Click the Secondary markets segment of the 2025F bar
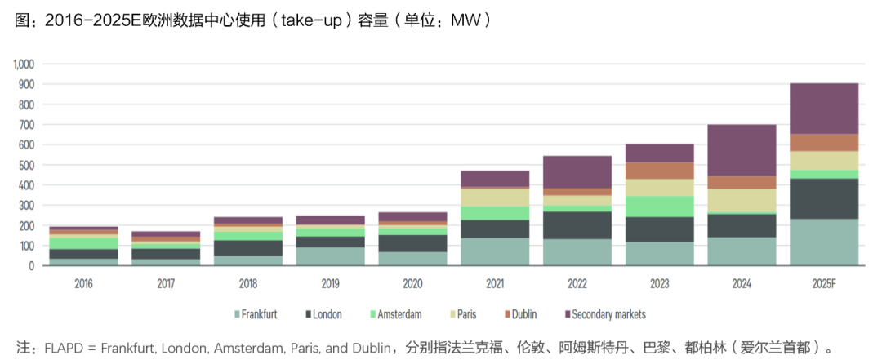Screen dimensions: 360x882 pyautogui.click(x=823, y=108)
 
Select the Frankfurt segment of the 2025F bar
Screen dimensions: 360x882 pyautogui.click(x=823, y=242)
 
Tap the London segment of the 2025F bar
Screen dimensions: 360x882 pyautogui.click(x=823, y=198)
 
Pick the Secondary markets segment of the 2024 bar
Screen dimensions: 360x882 pyautogui.click(x=742, y=150)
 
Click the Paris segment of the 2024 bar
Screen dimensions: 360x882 pyautogui.click(x=742, y=200)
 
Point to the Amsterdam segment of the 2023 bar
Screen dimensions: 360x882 pyautogui.click(x=659, y=206)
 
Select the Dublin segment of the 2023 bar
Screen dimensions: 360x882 pyautogui.click(x=659, y=171)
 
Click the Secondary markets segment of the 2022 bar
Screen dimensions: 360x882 pyautogui.click(x=577, y=172)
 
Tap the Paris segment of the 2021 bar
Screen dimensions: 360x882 pyautogui.click(x=495, y=198)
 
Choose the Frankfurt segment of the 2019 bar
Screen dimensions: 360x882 pyautogui.click(x=330, y=256)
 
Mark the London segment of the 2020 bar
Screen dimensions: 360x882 pyautogui.click(x=412, y=243)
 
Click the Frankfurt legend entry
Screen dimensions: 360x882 pyautogui.click(x=256, y=314)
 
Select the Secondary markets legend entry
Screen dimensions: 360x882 pyautogui.click(x=604, y=314)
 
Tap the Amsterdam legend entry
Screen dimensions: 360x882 pyautogui.click(x=396, y=314)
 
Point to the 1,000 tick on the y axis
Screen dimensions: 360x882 pyautogui.click(x=22, y=64)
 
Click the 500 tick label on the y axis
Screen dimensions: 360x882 pyautogui.click(x=26, y=165)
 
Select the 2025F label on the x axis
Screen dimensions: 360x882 pyautogui.click(x=823, y=284)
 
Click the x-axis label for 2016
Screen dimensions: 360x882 pyautogui.click(x=83, y=284)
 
